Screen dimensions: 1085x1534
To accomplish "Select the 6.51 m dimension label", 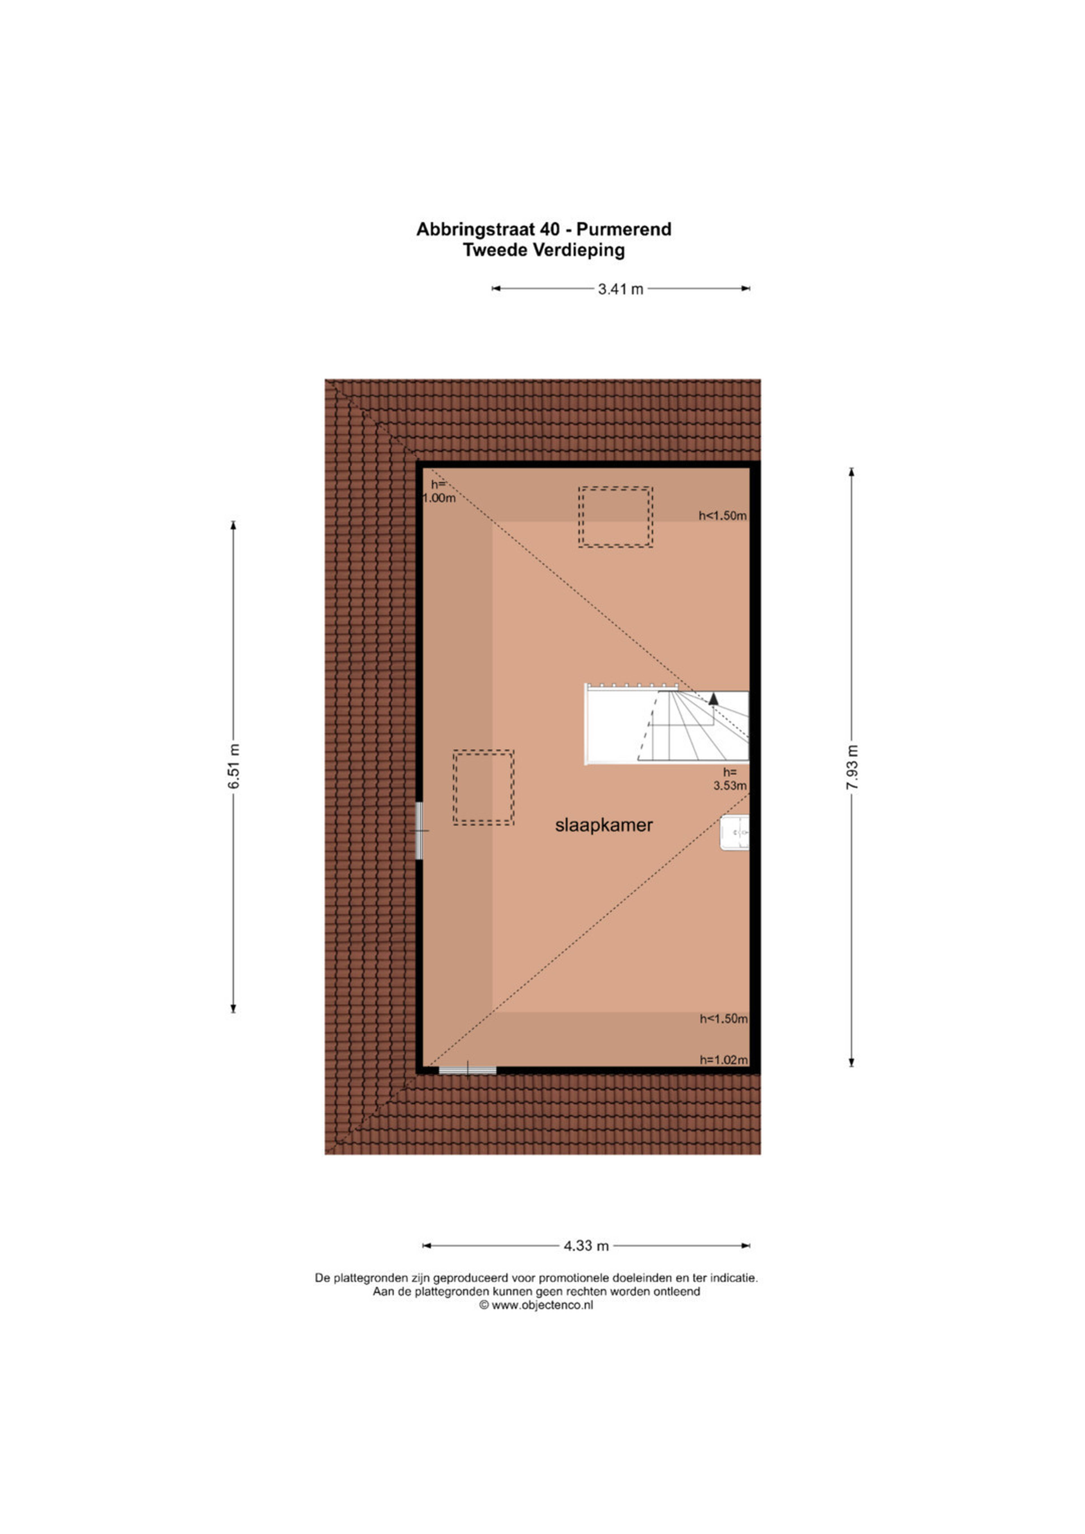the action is click(x=234, y=766).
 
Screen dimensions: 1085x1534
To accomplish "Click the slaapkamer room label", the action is click(x=604, y=825).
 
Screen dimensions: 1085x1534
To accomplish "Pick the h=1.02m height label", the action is click(x=724, y=1060).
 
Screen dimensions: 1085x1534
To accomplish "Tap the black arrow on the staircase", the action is click(x=713, y=699).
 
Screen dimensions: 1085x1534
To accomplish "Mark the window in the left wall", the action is click(x=420, y=830).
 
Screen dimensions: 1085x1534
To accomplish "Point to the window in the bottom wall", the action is click(x=468, y=1070).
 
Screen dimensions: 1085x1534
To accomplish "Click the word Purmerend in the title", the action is click(x=624, y=229).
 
